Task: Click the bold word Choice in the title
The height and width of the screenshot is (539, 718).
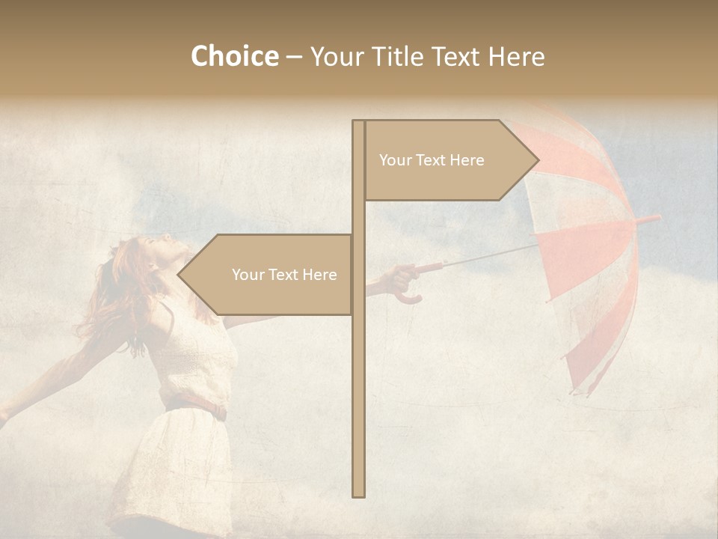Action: pos(234,57)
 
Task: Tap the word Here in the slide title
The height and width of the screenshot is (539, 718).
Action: pos(516,57)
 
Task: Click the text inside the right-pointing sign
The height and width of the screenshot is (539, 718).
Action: pos(432,160)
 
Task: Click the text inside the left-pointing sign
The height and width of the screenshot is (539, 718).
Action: pos(284,275)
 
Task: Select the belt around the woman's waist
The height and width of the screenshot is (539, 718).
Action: pos(196,409)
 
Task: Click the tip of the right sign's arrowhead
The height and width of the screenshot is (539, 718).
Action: pos(538,159)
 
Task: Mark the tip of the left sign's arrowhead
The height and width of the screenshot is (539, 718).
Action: pos(179,275)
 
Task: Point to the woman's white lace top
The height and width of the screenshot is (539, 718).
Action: pos(198,359)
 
